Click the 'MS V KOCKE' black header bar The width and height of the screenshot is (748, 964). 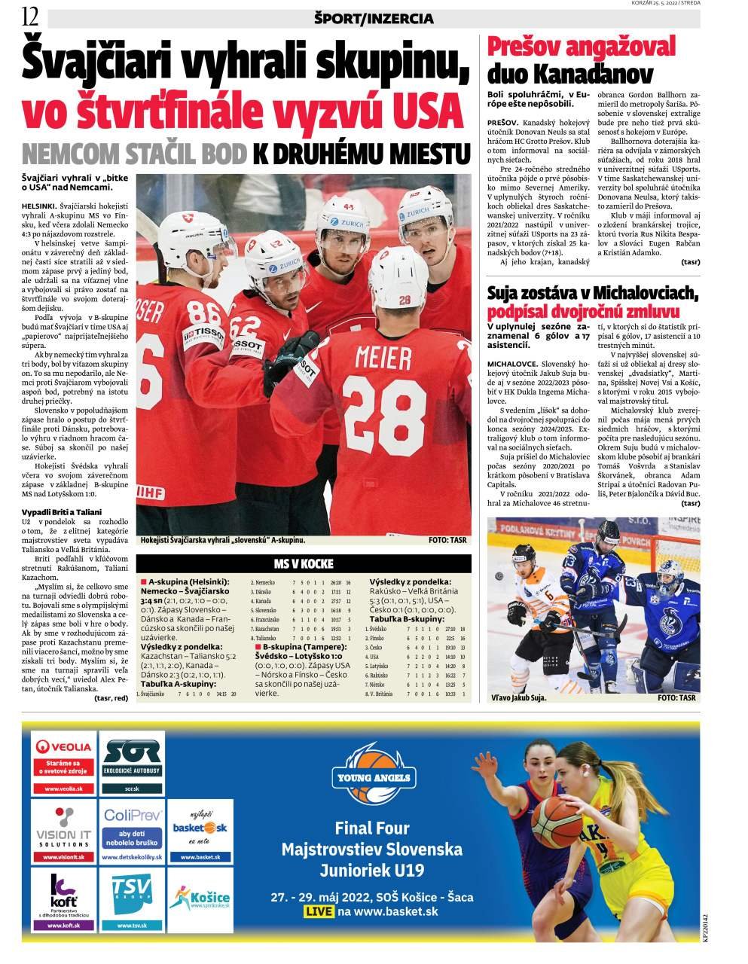tap(304, 564)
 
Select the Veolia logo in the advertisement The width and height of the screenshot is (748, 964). tap(64, 747)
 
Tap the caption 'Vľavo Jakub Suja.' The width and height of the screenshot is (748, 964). tap(519, 698)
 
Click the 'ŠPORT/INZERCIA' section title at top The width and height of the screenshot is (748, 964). tap(374, 18)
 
